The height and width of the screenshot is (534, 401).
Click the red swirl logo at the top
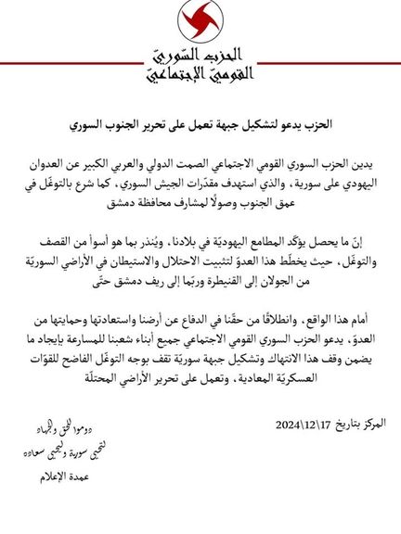pos(200,22)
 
